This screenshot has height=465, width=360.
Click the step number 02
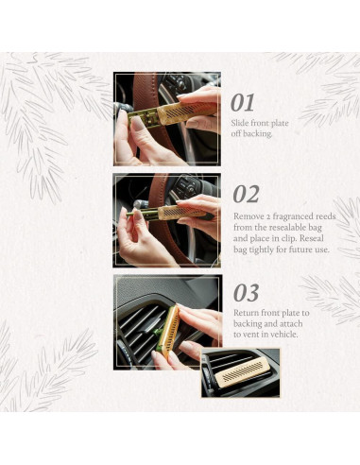pyautogui.click(x=246, y=195)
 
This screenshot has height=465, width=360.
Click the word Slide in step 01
pyautogui.click(x=240, y=123)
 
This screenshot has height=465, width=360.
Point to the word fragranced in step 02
pyautogui.click(x=290, y=216)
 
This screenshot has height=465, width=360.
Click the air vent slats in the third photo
pyautogui.click(x=137, y=326)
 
